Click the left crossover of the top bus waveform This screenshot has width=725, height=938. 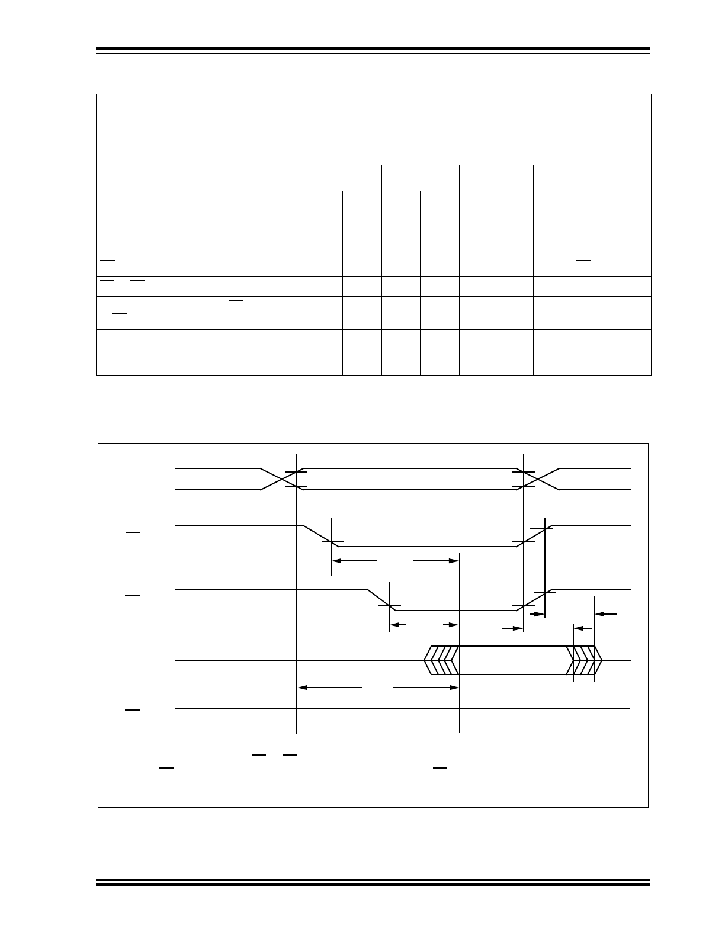[278, 479]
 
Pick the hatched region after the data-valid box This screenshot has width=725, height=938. [584, 660]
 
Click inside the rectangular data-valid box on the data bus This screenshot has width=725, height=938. [512, 660]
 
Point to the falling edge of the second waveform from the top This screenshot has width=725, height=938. [320, 536]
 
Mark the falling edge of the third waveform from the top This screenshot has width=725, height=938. [381, 600]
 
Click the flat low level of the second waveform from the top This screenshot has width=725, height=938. [426, 547]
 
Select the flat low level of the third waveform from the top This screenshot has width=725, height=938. [456, 611]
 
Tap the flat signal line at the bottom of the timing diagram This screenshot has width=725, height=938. [403, 708]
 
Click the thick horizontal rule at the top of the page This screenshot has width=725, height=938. [373, 49]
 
